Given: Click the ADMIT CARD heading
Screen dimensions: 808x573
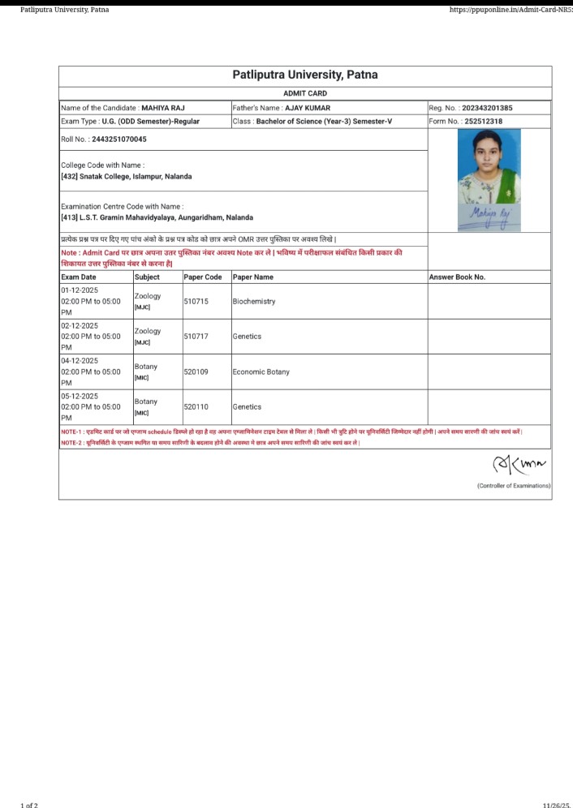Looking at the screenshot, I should point(305,93).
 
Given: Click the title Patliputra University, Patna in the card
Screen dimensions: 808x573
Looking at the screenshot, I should point(305,75).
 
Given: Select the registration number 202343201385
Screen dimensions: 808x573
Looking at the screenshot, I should point(487,108).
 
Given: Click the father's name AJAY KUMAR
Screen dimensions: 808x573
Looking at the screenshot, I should point(308,108).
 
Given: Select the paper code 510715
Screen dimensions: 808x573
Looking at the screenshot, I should point(196,301).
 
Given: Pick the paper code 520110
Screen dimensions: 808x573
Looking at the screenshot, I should point(196,406).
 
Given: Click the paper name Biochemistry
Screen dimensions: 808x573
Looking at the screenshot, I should point(254,301).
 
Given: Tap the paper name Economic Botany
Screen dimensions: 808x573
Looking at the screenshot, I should point(261,372).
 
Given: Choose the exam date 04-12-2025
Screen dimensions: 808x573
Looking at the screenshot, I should point(80,361).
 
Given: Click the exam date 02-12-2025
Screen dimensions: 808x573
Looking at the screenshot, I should point(80,325).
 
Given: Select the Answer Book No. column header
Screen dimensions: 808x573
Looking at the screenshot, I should point(457,277).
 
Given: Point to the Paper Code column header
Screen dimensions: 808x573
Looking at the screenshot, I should point(203,277).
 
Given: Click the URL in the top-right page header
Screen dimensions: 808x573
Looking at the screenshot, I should point(511,10).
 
